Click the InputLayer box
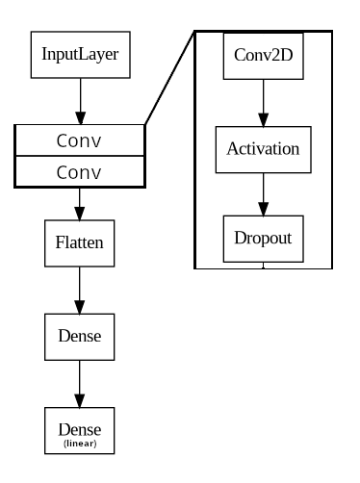81,55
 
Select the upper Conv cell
80,140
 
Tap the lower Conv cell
80,172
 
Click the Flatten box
80,243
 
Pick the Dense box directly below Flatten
80,337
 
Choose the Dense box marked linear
80,430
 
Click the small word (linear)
80,444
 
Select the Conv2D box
264,56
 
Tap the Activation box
264,149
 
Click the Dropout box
264,239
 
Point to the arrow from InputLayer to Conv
81,101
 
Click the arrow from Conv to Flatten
80,204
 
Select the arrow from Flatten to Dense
80,291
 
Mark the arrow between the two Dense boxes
80,384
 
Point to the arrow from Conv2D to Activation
264,103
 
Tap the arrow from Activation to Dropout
264,194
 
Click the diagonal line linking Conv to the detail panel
169,78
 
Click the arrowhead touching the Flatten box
80,214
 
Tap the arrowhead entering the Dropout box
264,209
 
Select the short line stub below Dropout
264,266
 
